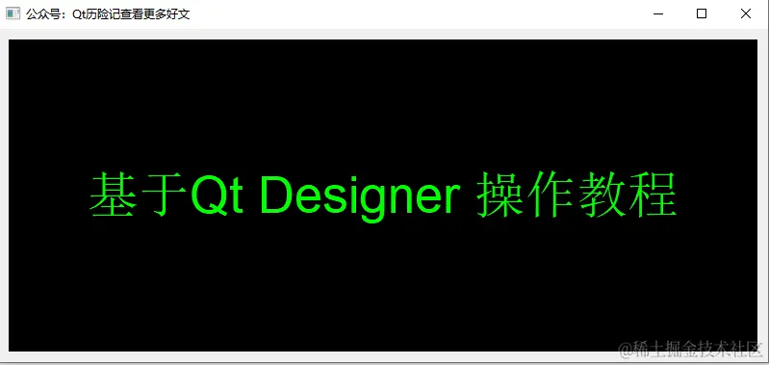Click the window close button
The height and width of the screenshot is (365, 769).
pos(745,13)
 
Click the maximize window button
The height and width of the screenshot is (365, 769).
pos(702,13)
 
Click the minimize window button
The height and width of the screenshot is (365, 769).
pos(658,13)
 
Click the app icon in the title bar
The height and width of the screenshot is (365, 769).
pos(13,13)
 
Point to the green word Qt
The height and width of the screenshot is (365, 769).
pos(218,196)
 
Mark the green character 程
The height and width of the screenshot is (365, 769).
pos(653,196)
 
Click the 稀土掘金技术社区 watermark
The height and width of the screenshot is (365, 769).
pos(699,348)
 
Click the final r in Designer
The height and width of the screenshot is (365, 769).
pos(449,199)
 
